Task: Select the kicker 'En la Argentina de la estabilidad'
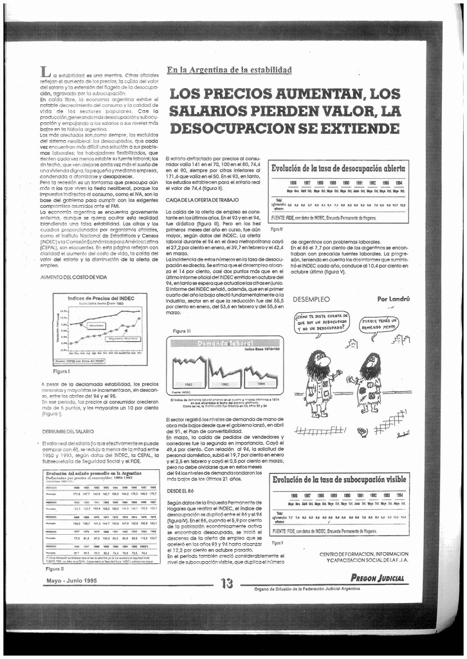tap(229, 70)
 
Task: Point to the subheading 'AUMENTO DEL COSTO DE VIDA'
tap(73, 276)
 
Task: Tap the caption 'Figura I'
tap(62, 371)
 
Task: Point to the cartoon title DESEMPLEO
tap(311, 299)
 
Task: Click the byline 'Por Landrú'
tap(392, 299)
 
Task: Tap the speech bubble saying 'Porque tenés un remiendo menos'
tap(378, 323)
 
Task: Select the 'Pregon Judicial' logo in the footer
tap(378, 578)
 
